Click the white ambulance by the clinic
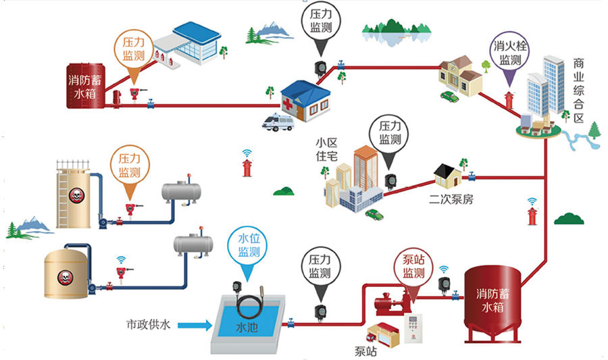click(x=279, y=122)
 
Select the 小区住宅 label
click(x=326, y=149)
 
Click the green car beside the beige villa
click(x=449, y=96)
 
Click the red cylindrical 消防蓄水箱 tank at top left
click(x=86, y=86)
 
